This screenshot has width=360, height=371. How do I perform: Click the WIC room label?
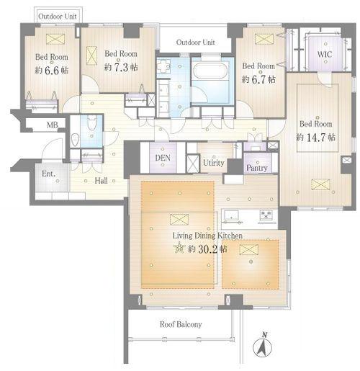tap(325, 54)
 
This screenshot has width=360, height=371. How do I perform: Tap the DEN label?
tap(163, 158)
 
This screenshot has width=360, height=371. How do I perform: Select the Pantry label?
tap(257, 168)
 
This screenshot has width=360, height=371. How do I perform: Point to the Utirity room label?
tap(214, 163)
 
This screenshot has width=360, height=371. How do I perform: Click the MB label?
tap(53, 125)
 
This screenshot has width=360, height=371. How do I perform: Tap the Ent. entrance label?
tap(49, 174)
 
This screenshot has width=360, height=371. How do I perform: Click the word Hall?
tap(101, 181)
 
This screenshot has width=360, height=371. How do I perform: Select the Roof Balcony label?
tap(181, 324)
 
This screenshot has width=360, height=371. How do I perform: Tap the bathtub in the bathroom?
tap(212, 70)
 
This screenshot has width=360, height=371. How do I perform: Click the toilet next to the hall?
tap(91, 123)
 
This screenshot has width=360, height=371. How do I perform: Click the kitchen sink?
tap(230, 215)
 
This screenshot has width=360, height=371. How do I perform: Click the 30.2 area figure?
tap(207, 249)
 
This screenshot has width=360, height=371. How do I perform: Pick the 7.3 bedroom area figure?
tap(121, 68)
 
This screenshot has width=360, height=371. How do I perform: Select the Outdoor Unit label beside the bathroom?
tap(196, 43)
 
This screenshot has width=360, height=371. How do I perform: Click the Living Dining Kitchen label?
tap(207, 236)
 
